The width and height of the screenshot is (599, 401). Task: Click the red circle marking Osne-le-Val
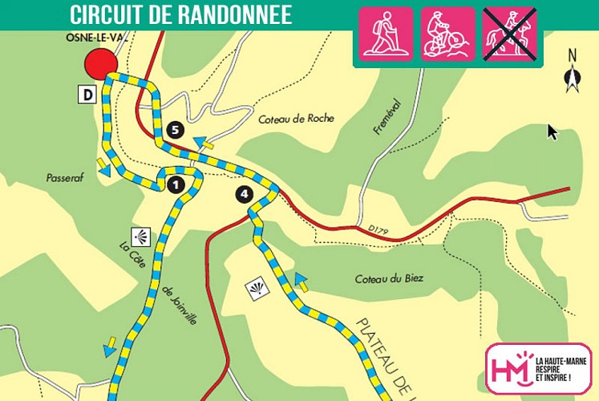tap(101, 63)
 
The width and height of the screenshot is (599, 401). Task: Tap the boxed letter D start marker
tap(86, 95)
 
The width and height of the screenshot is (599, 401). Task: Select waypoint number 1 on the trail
tap(176, 185)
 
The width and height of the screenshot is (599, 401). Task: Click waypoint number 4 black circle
tap(244, 193)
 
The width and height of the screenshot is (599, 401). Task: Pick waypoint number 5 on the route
tap(177, 130)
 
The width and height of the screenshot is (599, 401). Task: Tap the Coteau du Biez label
tap(389, 279)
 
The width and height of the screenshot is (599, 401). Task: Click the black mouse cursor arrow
tap(552, 132)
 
